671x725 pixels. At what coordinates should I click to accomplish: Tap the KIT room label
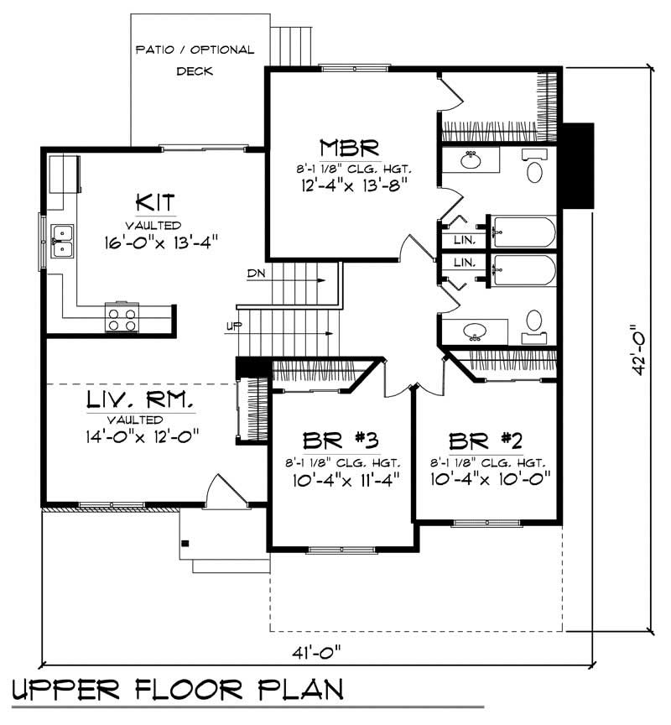tap(155, 204)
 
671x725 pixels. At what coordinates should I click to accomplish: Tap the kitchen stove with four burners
tap(122, 317)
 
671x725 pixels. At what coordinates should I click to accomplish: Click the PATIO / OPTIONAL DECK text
tap(195, 60)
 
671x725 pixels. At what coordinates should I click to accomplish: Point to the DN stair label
tap(256, 274)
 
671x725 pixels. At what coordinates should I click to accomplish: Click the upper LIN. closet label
tap(464, 240)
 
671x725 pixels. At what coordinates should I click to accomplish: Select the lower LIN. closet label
tap(464, 263)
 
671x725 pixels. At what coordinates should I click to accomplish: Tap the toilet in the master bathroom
tap(534, 169)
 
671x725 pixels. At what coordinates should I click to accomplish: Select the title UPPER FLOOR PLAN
tap(178, 690)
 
